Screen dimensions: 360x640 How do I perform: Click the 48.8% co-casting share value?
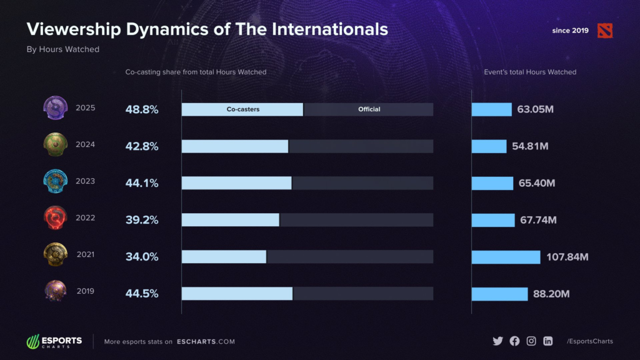tap(142, 110)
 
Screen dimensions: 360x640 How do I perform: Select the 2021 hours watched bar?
tap(506, 257)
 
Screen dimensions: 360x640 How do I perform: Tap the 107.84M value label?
tap(567, 257)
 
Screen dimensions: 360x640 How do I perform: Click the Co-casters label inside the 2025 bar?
tap(242, 109)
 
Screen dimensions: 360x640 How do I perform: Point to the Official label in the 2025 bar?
tap(369, 109)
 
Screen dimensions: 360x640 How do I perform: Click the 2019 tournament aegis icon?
tap(55, 291)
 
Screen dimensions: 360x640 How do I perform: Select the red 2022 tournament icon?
tap(55, 218)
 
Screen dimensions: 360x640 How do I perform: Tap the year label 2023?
tap(85, 181)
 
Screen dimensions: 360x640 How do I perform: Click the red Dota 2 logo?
tap(604, 30)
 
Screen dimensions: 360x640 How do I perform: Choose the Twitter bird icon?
tap(497, 341)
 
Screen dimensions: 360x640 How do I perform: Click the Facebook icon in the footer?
tap(514, 341)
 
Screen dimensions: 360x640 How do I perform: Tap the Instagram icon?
tap(531, 341)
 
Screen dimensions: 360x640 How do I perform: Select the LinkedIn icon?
tap(548, 341)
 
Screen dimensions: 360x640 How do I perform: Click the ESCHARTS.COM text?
tap(206, 342)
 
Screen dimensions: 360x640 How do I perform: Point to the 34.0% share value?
tap(142, 257)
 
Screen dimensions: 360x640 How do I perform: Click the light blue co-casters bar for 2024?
tap(235, 146)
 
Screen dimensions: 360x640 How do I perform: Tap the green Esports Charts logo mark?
tap(33, 342)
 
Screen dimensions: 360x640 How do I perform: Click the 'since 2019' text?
tap(570, 30)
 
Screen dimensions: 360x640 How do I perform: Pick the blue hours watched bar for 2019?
tap(499, 294)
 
